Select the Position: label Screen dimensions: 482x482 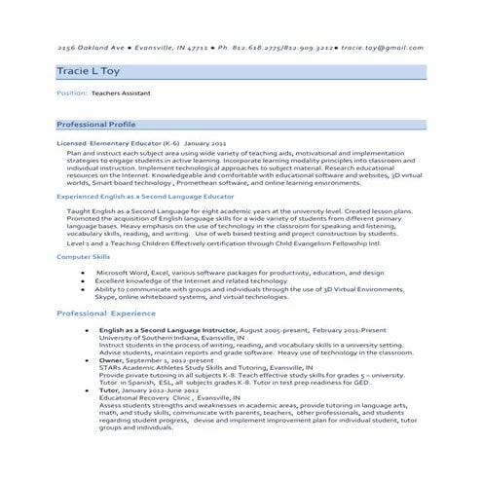point(72,94)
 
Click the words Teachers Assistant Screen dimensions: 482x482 point(125,94)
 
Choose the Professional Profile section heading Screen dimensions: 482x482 point(95,126)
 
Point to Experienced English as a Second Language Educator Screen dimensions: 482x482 point(138,196)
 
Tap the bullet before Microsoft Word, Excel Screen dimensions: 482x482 point(83,274)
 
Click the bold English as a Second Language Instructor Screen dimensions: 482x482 point(167,329)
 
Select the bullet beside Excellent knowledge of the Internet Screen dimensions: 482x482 point(83,281)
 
